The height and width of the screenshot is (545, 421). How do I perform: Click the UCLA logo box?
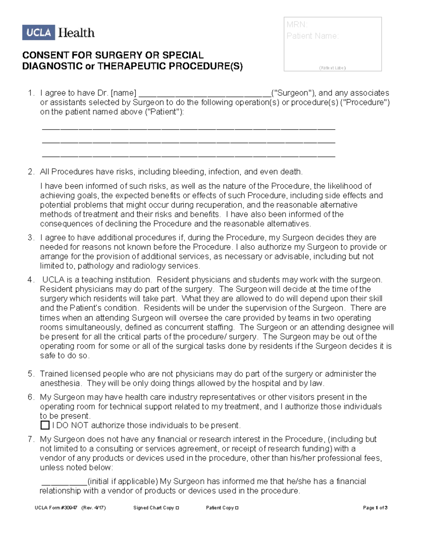click(x=39, y=33)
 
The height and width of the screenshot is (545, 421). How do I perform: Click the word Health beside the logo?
click(x=76, y=33)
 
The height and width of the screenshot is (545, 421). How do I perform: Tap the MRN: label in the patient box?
click(x=297, y=25)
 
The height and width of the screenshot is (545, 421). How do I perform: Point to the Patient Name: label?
click(x=312, y=36)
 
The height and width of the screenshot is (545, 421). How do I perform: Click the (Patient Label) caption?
click(x=332, y=68)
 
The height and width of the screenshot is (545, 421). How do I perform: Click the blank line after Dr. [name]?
click(x=205, y=94)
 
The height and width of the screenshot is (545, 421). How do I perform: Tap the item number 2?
click(x=31, y=172)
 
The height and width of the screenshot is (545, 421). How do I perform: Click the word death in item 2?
click(x=290, y=172)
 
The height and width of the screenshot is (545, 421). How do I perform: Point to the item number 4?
click(x=31, y=280)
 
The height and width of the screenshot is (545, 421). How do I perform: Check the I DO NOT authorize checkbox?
click(x=45, y=425)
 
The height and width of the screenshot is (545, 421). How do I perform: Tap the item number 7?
click(x=31, y=439)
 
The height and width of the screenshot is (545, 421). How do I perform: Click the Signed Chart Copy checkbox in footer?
click(x=178, y=508)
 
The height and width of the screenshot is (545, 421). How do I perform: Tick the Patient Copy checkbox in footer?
click(x=237, y=508)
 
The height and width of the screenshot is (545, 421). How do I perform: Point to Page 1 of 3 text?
click(x=375, y=508)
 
